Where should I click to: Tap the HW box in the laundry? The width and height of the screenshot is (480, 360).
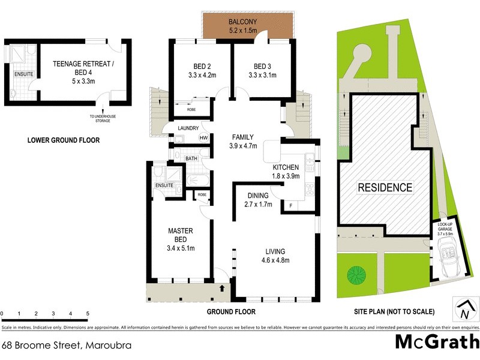click(203, 139)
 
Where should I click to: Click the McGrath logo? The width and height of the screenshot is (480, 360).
click(436, 342)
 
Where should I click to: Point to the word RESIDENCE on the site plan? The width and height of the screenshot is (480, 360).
click(385, 187)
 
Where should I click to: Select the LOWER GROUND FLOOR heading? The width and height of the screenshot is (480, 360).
click(64, 140)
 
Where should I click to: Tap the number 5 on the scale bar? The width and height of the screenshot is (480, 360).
click(88, 314)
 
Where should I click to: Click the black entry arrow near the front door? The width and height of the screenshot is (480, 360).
click(223, 288)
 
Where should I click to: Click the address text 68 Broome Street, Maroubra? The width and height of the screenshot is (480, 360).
click(67, 346)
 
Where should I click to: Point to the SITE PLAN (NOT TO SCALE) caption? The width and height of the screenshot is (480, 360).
click(394, 312)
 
